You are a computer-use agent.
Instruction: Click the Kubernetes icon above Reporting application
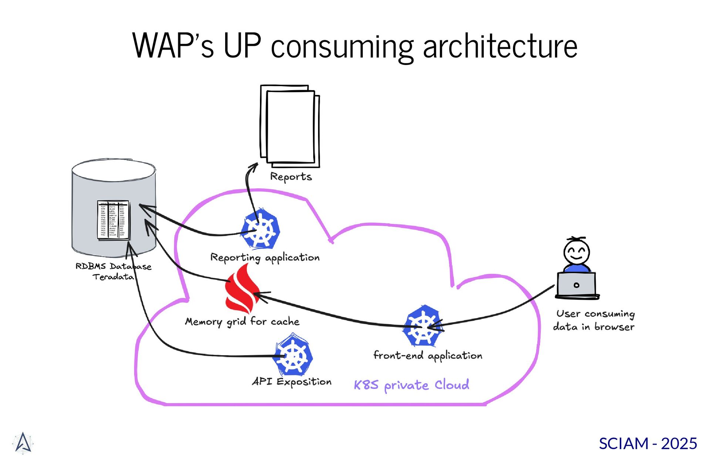(x=260, y=229)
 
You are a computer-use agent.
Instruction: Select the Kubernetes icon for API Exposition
(x=294, y=355)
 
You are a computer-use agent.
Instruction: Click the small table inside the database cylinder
(x=113, y=220)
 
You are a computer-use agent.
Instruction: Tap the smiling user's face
(x=576, y=251)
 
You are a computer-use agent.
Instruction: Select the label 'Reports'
(x=291, y=177)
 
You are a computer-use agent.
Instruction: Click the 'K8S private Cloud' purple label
(x=411, y=385)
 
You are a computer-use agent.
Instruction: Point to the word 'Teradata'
(x=113, y=277)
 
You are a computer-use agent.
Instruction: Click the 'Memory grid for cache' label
(x=242, y=322)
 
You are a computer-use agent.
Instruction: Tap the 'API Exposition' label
(x=292, y=382)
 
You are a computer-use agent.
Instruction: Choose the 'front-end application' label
(x=428, y=356)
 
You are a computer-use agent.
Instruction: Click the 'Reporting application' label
(x=265, y=258)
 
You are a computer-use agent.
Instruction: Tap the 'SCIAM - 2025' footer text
(x=648, y=443)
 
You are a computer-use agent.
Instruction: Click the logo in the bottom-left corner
(x=23, y=443)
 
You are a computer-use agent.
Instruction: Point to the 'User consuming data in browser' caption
(x=594, y=320)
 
